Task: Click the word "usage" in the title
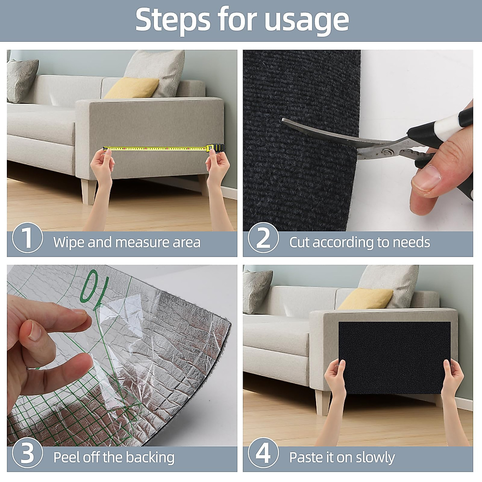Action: (x=306, y=20)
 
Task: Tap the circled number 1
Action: (x=28, y=238)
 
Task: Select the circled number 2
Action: (x=263, y=238)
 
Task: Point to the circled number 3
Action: (x=28, y=453)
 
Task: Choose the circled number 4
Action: (x=263, y=453)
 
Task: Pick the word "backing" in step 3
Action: (x=150, y=457)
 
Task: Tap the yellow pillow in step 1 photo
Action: (x=132, y=88)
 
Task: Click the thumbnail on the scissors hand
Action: (x=427, y=178)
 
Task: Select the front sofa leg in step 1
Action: (x=89, y=191)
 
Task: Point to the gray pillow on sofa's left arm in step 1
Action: (x=22, y=81)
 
